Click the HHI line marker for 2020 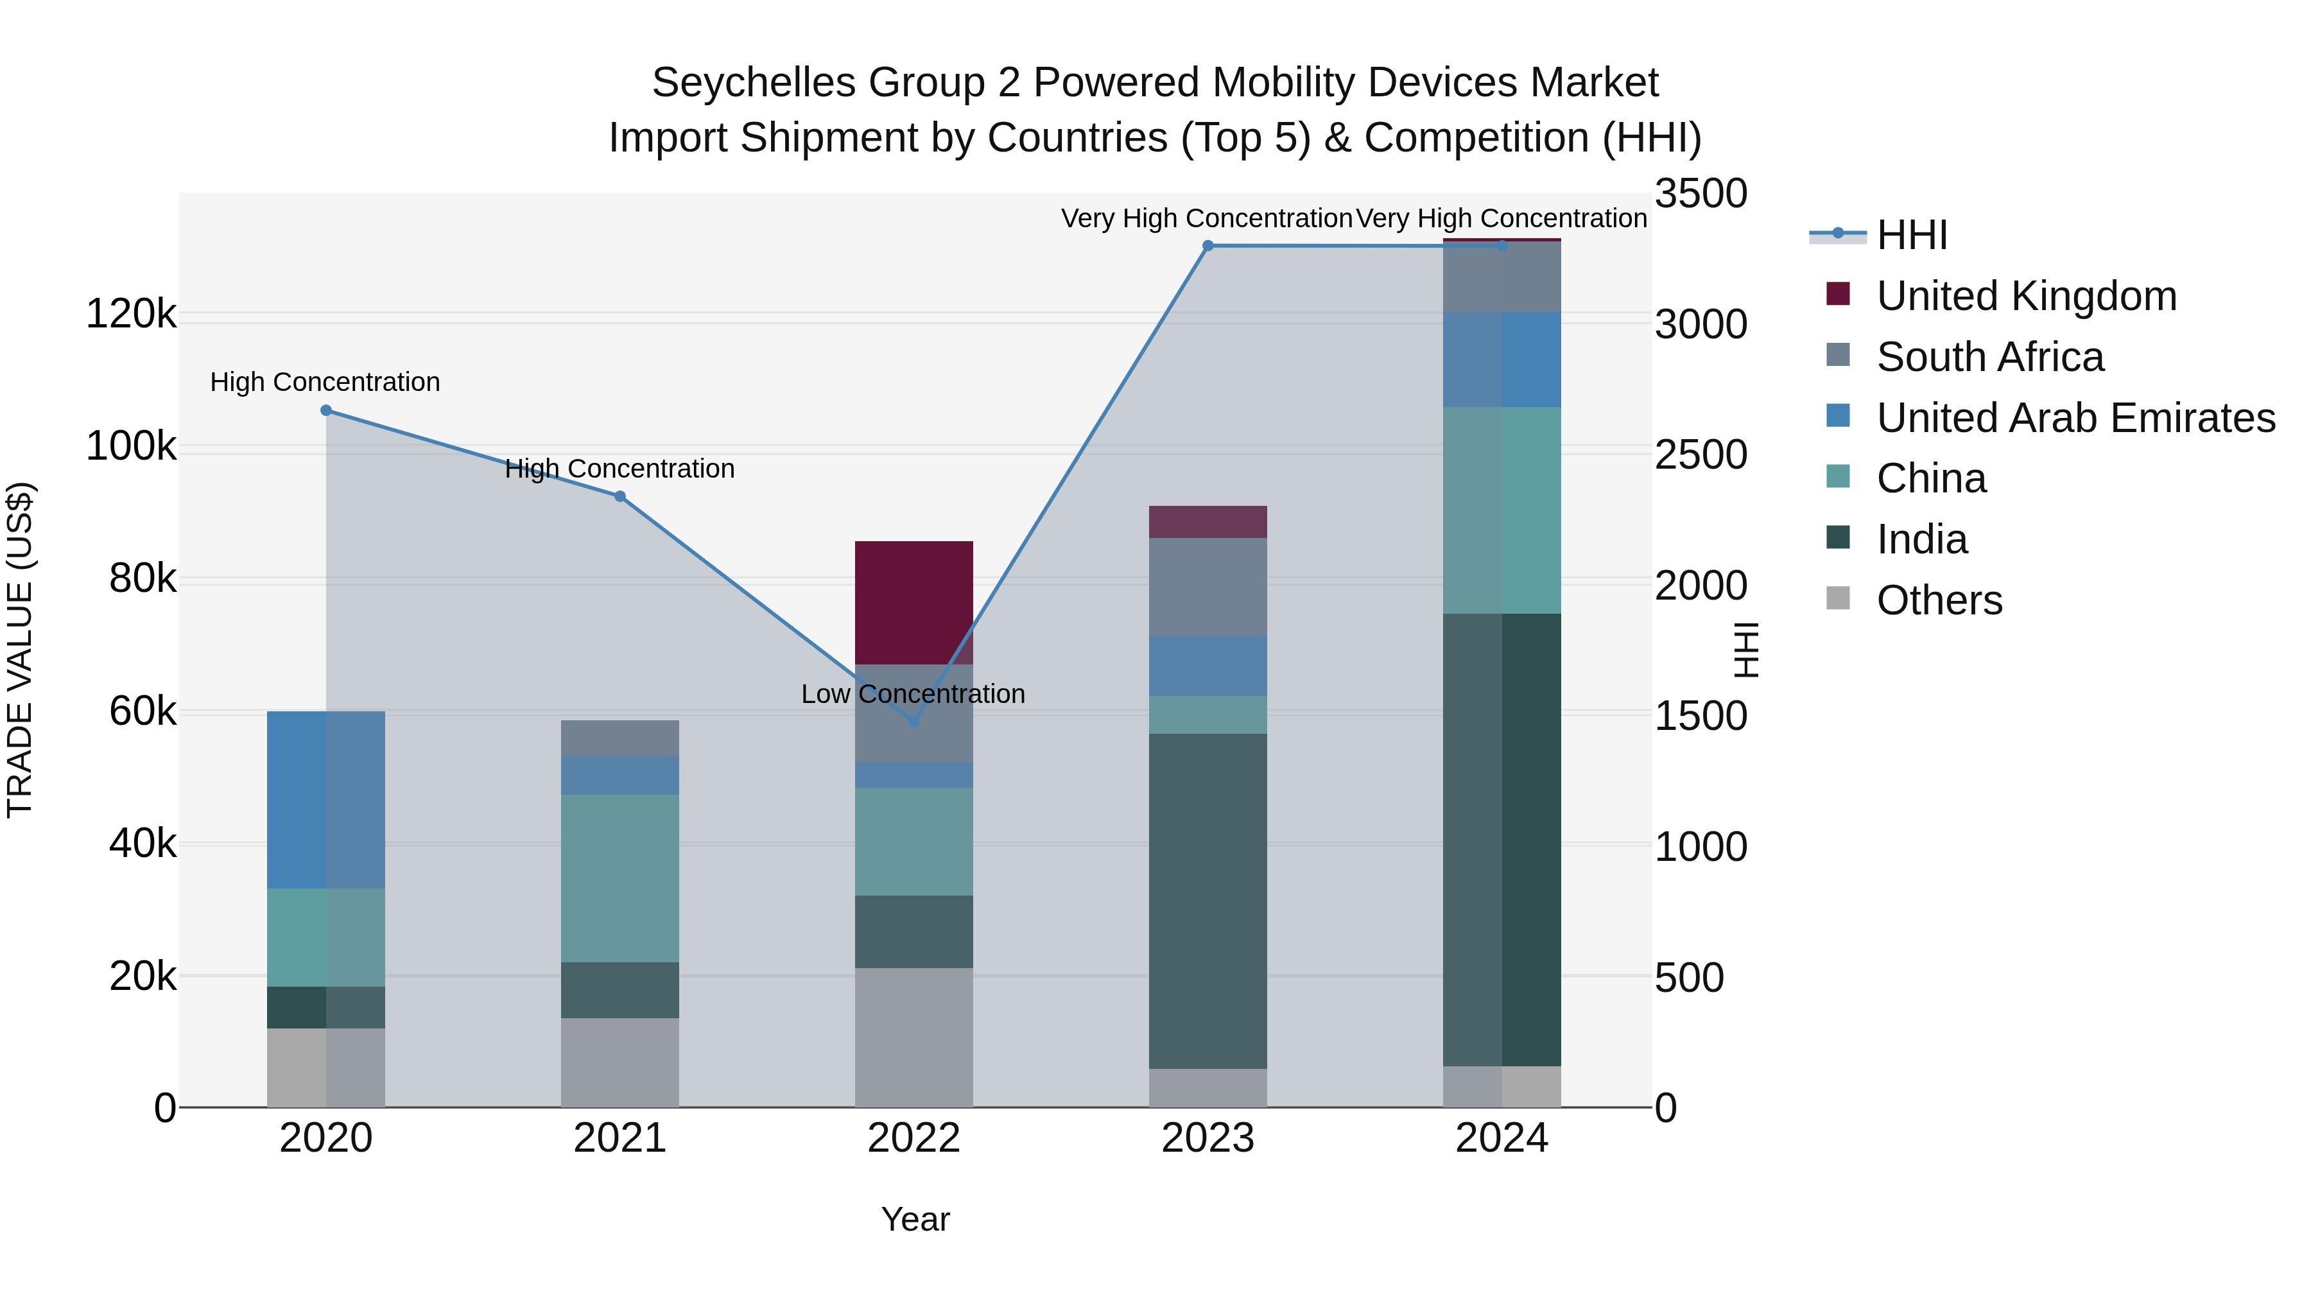pyautogui.click(x=325, y=411)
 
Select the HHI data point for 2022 pyautogui.click(x=914, y=722)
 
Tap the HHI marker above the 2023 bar pyautogui.click(x=1207, y=246)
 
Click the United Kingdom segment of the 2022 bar pyautogui.click(x=914, y=603)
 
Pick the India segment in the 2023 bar pyautogui.click(x=1207, y=901)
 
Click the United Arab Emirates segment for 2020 pyautogui.click(x=325, y=801)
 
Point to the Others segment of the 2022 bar pyautogui.click(x=914, y=1037)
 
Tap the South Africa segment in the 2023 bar pyautogui.click(x=1207, y=587)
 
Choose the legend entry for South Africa pyautogui.click(x=1990, y=357)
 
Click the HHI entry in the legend pyautogui.click(x=1911, y=235)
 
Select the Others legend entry pyautogui.click(x=1939, y=600)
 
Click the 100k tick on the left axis pyautogui.click(x=131, y=446)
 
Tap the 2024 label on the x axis pyautogui.click(x=1502, y=1138)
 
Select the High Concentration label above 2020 pyautogui.click(x=325, y=382)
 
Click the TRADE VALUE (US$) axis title pyautogui.click(x=21, y=650)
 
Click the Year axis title pyautogui.click(x=915, y=1219)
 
